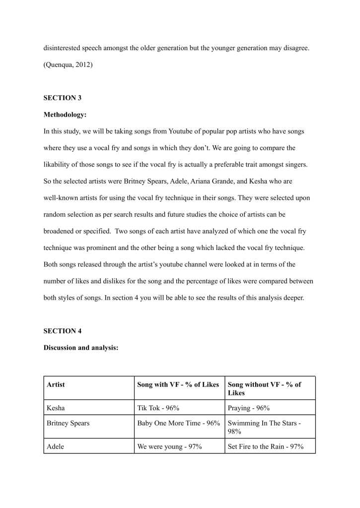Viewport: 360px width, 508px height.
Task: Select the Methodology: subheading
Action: click(65, 115)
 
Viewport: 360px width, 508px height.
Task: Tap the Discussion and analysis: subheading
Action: click(81, 348)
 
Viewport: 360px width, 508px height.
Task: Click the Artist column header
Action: click(56, 384)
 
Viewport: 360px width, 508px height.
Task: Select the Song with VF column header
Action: click(178, 384)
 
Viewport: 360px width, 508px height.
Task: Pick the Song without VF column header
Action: click(264, 388)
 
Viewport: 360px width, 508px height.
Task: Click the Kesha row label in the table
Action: click(56, 408)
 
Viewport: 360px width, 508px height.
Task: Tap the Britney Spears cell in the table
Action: click(68, 424)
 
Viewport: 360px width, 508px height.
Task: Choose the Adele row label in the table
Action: click(55, 446)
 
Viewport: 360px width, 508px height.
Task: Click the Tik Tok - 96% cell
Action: click(158, 408)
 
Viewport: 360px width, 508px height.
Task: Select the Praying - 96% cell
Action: click(249, 408)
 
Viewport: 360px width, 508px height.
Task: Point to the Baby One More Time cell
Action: click(178, 424)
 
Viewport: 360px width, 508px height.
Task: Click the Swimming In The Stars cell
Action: click(264, 427)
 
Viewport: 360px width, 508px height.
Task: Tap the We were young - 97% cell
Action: click(169, 446)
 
